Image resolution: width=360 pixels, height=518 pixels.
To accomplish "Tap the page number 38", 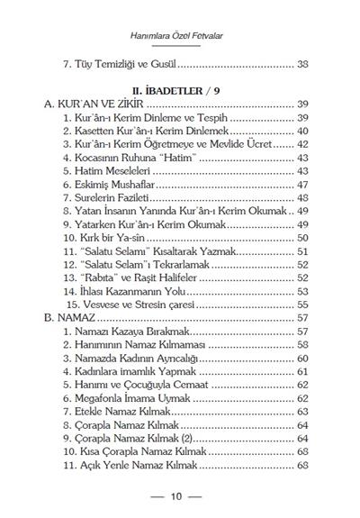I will [302, 64].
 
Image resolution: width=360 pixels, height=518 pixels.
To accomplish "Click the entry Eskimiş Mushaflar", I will [121, 185].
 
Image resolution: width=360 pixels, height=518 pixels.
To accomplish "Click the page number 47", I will [302, 185].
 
